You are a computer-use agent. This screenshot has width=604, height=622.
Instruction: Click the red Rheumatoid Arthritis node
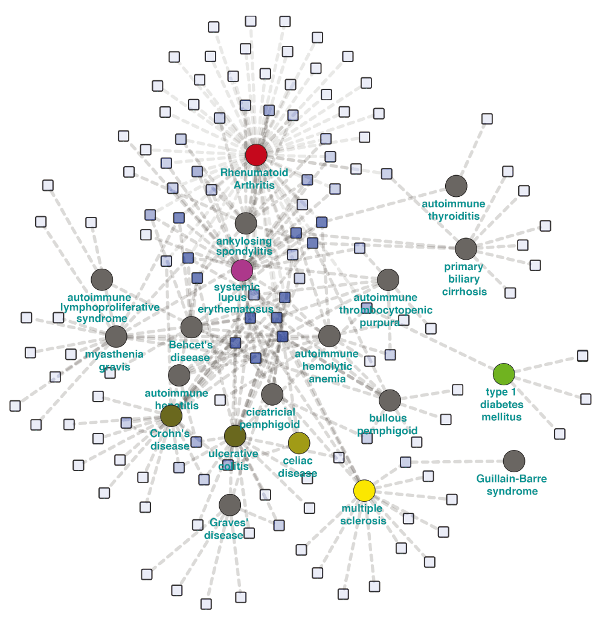(256, 155)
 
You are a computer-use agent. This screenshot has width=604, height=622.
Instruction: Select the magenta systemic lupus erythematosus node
(242, 271)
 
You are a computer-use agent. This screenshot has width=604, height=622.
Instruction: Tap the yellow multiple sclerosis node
(364, 491)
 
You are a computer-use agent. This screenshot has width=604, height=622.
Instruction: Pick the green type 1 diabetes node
(504, 374)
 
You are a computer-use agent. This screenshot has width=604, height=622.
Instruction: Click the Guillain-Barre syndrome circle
(514, 461)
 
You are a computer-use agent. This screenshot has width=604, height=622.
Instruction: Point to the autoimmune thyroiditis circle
(456, 186)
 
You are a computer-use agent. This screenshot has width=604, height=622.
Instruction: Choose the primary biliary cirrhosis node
(466, 249)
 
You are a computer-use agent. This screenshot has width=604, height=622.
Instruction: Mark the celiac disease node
(299, 443)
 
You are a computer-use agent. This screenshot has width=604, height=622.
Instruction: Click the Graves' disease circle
(230, 505)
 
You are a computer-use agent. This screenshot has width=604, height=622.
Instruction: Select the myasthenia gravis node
(117, 337)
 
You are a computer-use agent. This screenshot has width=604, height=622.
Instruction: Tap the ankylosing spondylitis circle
(246, 223)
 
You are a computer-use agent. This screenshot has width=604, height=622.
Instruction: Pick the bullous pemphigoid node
(390, 400)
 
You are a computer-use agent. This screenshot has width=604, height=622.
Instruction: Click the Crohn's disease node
(172, 416)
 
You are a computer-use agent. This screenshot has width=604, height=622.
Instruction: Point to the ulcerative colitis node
(235, 436)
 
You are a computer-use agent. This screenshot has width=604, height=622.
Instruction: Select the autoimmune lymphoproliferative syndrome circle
(102, 280)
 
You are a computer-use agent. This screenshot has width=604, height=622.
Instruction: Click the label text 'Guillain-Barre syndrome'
(512, 485)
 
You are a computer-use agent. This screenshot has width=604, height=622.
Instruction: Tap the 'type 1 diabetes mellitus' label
(501, 404)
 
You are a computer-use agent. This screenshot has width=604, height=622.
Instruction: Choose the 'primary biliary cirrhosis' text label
(464, 279)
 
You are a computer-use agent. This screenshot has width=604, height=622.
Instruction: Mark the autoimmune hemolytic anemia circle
(329, 336)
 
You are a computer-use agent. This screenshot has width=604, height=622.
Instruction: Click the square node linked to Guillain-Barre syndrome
(405, 462)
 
